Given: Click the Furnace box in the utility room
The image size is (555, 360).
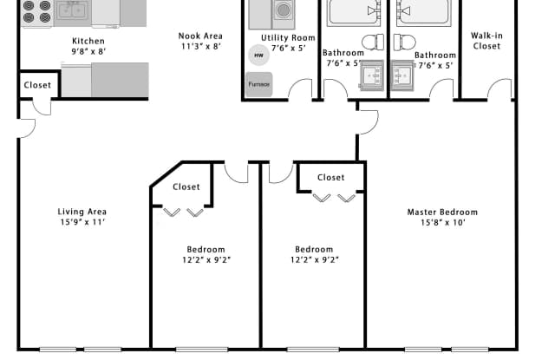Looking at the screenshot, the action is pyautogui.click(x=259, y=84).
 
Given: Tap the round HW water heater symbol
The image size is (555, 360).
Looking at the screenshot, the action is pyautogui.click(x=258, y=56).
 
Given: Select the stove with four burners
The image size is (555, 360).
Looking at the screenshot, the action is pyautogui.click(x=36, y=13).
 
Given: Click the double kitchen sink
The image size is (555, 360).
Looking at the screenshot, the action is pyautogui.click(x=72, y=11).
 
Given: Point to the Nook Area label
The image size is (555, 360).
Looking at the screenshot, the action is pyautogui.click(x=200, y=36).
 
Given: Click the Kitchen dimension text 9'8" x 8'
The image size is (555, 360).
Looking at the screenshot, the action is pyautogui.click(x=88, y=52).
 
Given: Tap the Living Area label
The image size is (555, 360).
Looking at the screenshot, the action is pyautogui.click(x=82, y=212).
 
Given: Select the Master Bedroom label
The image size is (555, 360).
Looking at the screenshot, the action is pyautogui.click(x=442, y=212).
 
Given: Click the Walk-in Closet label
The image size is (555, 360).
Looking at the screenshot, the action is pyautogui.click(x=486, y=41).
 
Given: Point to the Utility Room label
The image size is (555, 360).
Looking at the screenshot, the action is pyautogui.click(x=288, y=38).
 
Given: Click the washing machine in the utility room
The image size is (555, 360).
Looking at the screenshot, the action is pyautogui.click(x=284, y=14).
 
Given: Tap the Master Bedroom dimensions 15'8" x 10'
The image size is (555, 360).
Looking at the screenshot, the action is pyautogui.click(x=442, y=223).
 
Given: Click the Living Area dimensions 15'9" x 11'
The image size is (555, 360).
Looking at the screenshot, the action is pyautogui.click(x=83, y=222).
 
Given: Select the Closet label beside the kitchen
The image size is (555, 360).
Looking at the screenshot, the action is pyautogui.click(x=37, y=85).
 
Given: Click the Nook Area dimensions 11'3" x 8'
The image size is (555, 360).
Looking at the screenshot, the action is pyautogui.click(x=201, y=46).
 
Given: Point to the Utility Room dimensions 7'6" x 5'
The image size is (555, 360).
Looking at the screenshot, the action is pyautogui.click(x=289, y=48).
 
